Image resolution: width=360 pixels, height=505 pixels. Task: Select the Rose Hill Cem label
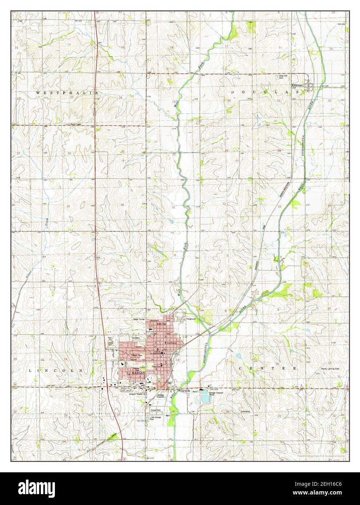(x=283, y=77)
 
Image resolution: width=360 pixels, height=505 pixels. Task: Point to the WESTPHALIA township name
(x=68, y=93)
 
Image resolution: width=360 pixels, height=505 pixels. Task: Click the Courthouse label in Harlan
(x=171, y=343)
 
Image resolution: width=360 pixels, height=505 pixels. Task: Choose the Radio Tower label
(x=77, y=124)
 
